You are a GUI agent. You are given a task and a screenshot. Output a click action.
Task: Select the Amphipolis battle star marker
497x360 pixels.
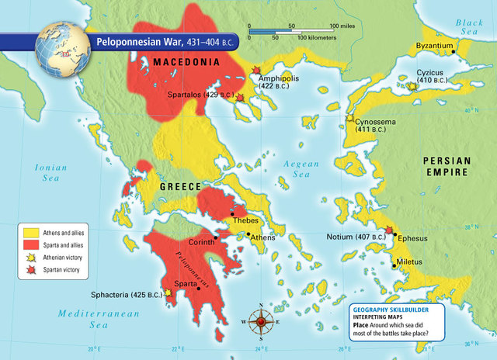click(256, 71)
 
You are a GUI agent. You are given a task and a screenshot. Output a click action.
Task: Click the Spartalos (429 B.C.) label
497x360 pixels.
click(200, 95)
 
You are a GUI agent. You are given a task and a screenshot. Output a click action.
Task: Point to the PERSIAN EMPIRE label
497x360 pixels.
click(447, 167)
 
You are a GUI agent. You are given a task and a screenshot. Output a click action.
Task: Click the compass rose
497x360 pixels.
click(261, 320)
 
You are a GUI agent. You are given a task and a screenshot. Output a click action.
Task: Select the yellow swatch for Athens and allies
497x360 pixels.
click(30, 231)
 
